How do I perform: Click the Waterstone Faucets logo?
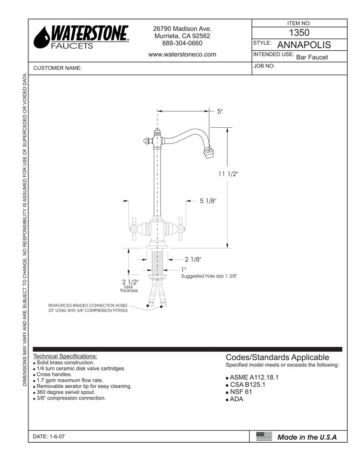tap(82, 37)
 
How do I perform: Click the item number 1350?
tap(299, 33)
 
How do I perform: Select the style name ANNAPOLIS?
tap(304, 45)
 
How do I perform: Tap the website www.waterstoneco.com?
tap(182, 54)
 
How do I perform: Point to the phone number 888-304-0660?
tap(182, 43)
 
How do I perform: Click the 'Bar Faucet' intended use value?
tap(312, 57)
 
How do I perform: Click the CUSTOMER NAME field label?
tap(58, 68)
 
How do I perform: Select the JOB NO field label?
tap(265, 66)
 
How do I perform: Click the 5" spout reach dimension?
tap(220, 111)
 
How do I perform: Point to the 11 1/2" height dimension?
tap(228, 174)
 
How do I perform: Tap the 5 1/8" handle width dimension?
tap(208, 201)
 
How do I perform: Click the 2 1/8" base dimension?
tap(193, 259)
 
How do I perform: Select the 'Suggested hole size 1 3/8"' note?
tap(210, 276)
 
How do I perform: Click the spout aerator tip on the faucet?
tap(207, 152)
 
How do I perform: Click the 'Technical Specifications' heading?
tap(65, 356)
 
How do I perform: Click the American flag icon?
tap(264, 437)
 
